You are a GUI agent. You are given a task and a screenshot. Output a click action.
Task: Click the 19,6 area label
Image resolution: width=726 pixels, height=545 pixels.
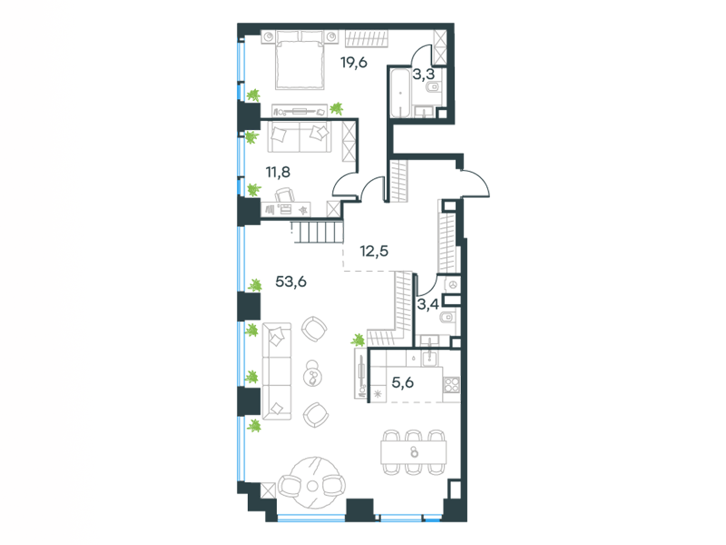click(x=354, y=63)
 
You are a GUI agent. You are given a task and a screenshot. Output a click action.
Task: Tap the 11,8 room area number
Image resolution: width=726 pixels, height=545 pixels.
click(x=278, y=173)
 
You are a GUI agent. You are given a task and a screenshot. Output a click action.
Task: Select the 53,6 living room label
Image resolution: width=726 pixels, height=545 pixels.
click(x=290, y=282)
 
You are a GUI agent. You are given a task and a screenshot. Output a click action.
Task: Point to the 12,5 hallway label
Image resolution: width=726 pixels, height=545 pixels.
click(x=374, y=252)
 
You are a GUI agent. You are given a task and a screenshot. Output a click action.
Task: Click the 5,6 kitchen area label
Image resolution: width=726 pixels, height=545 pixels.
click(x=402, y=382)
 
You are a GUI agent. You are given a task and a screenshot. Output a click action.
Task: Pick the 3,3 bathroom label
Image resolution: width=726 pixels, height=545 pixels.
click(x=423, y=74)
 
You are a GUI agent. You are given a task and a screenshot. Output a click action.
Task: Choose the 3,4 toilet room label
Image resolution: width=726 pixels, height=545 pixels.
click(x=427, y=304)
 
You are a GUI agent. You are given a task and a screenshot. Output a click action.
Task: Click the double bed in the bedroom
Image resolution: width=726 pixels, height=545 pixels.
click(x=299, y=59)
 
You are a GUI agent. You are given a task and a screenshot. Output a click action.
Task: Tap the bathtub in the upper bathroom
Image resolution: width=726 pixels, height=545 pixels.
click(x=400, y=93)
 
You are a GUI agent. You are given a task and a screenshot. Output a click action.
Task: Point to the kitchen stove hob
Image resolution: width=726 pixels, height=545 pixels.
click(x=451, y=384)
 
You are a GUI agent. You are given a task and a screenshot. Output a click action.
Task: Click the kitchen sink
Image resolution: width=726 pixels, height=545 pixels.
click(x=430, y=357)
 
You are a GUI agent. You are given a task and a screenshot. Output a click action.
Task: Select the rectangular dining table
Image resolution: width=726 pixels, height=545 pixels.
click(x=414, y=451)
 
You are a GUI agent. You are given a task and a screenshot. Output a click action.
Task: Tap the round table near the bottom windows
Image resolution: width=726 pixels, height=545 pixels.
click(x=312, y=484)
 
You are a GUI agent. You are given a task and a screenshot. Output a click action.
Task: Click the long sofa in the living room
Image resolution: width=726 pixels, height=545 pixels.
click(x=277, y=372)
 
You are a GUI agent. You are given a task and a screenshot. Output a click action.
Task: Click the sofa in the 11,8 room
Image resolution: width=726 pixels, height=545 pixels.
click(x=299, y=137)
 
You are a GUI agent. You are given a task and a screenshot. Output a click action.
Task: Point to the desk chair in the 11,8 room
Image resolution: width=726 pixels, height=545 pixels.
click(x=285, y=194)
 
